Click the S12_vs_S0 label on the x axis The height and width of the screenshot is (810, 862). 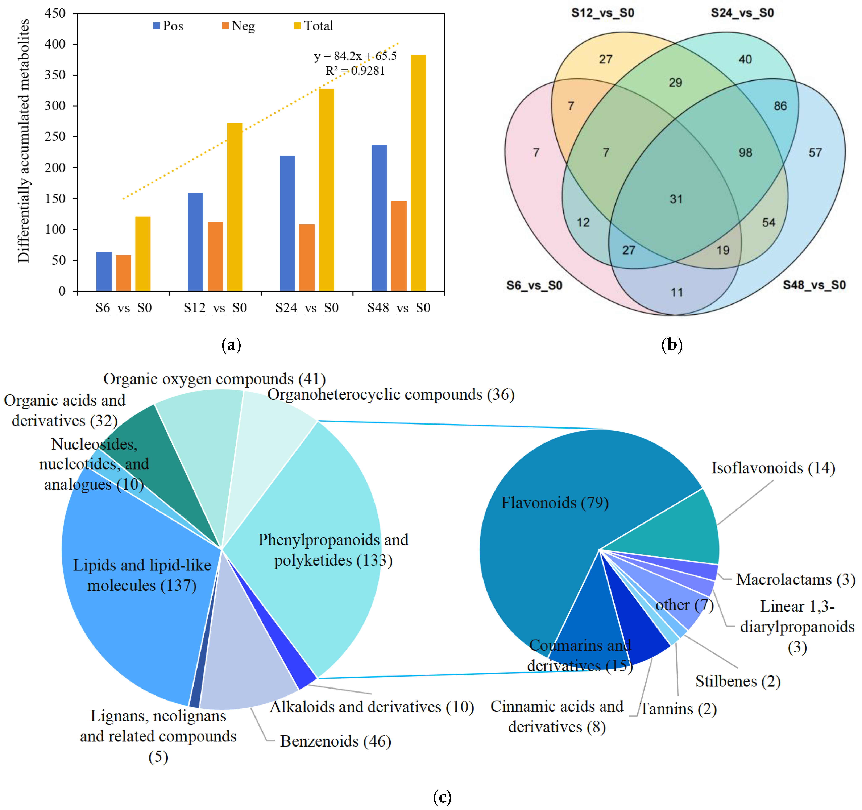[x=215, y=308]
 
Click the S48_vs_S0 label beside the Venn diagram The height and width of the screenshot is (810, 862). [x=814, y=285]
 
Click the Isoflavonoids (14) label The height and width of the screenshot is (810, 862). [x=773, y=468]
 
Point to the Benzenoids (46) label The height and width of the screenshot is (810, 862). [x=335, y=741]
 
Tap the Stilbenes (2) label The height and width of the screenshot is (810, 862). [x=738, y=681]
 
